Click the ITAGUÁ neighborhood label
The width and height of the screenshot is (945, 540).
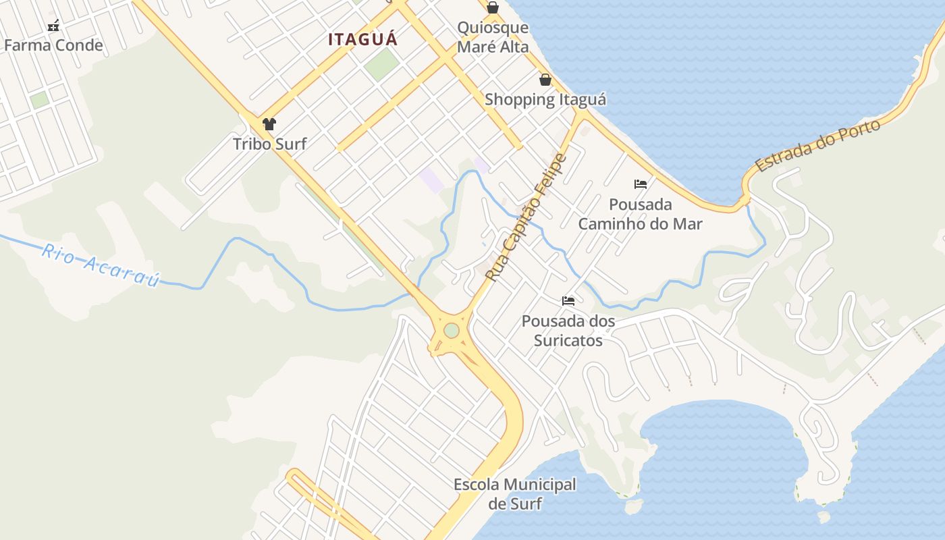363,39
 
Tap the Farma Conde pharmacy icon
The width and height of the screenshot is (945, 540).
53,26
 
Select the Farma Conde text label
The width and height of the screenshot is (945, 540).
53,45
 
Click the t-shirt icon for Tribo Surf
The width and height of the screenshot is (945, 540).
269,124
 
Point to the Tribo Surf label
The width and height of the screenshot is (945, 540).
269,144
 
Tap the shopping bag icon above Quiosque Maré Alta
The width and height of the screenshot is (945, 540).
493,7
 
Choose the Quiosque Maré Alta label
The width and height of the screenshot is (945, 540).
493,37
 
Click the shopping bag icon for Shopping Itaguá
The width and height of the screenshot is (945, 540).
545,80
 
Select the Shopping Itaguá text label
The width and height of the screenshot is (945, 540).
545,99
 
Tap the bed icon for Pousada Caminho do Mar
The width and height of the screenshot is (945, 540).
641,184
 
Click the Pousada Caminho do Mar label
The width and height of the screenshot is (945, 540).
641,214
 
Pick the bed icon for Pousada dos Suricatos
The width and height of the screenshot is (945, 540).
568,301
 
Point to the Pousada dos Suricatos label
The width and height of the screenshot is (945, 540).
568,331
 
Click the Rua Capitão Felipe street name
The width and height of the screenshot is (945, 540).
526,217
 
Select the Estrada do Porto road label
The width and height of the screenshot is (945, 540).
818,146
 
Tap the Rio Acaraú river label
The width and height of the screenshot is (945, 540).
101,265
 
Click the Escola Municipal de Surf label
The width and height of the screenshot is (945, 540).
515,493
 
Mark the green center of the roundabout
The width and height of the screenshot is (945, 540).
452,331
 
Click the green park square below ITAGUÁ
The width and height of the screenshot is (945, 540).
382,64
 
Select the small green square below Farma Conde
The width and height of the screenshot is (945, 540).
40,100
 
